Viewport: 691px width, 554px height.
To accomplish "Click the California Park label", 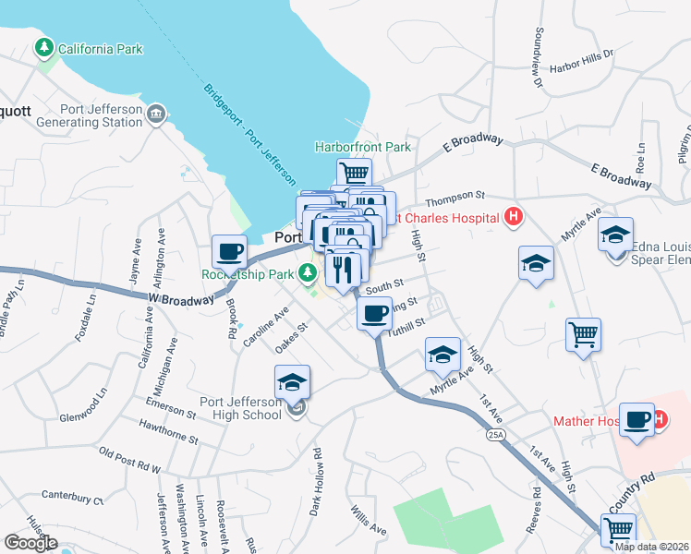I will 100,49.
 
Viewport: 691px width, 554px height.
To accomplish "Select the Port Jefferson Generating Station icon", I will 156,114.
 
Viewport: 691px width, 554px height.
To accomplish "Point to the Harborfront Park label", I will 362,147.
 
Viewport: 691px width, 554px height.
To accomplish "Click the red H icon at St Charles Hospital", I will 514,219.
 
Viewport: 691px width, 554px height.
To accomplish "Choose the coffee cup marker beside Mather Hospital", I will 637,419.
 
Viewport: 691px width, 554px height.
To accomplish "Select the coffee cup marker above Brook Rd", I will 229,251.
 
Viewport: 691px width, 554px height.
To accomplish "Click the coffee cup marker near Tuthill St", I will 374,315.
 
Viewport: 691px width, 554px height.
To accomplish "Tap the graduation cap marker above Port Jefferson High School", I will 292,381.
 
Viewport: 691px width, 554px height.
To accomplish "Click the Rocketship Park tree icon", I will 308,274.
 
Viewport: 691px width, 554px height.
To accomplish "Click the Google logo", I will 30,543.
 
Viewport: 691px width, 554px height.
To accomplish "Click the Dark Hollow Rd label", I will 316,481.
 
